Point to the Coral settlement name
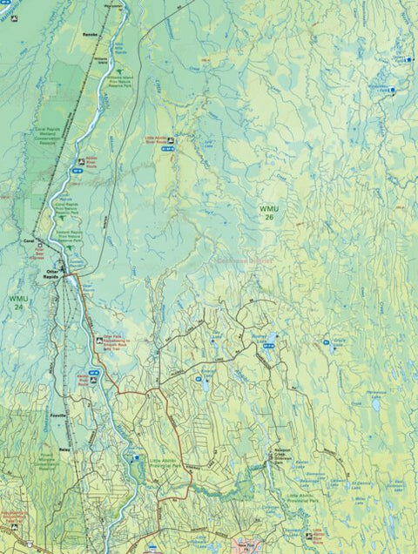28,240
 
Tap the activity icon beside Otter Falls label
97,341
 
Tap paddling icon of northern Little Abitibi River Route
171,140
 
